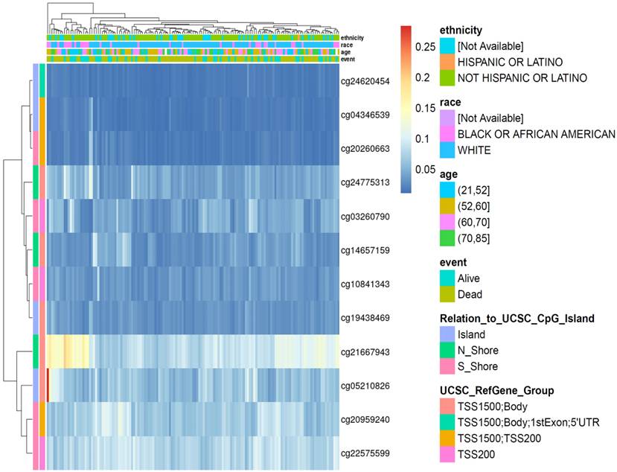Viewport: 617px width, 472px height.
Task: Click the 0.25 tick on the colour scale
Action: pos(426,46)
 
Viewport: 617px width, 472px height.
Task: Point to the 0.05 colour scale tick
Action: pos(426,170)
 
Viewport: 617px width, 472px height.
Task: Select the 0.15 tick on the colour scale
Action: pos(426,108)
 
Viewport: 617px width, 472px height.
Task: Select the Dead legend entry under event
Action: pos(471,294)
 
